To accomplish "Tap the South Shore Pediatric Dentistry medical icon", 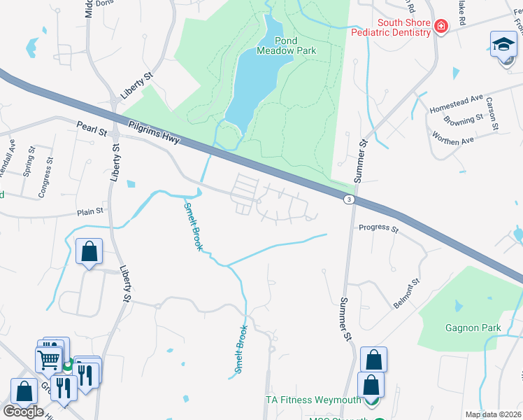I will click(441, 27).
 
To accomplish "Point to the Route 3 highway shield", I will click(348, 199).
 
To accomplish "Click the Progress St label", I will click(378, 228).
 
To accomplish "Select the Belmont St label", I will click(406, 293).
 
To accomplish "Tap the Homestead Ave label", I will click(456, 104).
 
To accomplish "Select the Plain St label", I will click(90, 211).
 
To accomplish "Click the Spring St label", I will click(29, 160).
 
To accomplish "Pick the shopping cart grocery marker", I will click(49, 359).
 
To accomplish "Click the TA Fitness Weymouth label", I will click(313, 400).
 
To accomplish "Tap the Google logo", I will click(23, 412).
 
